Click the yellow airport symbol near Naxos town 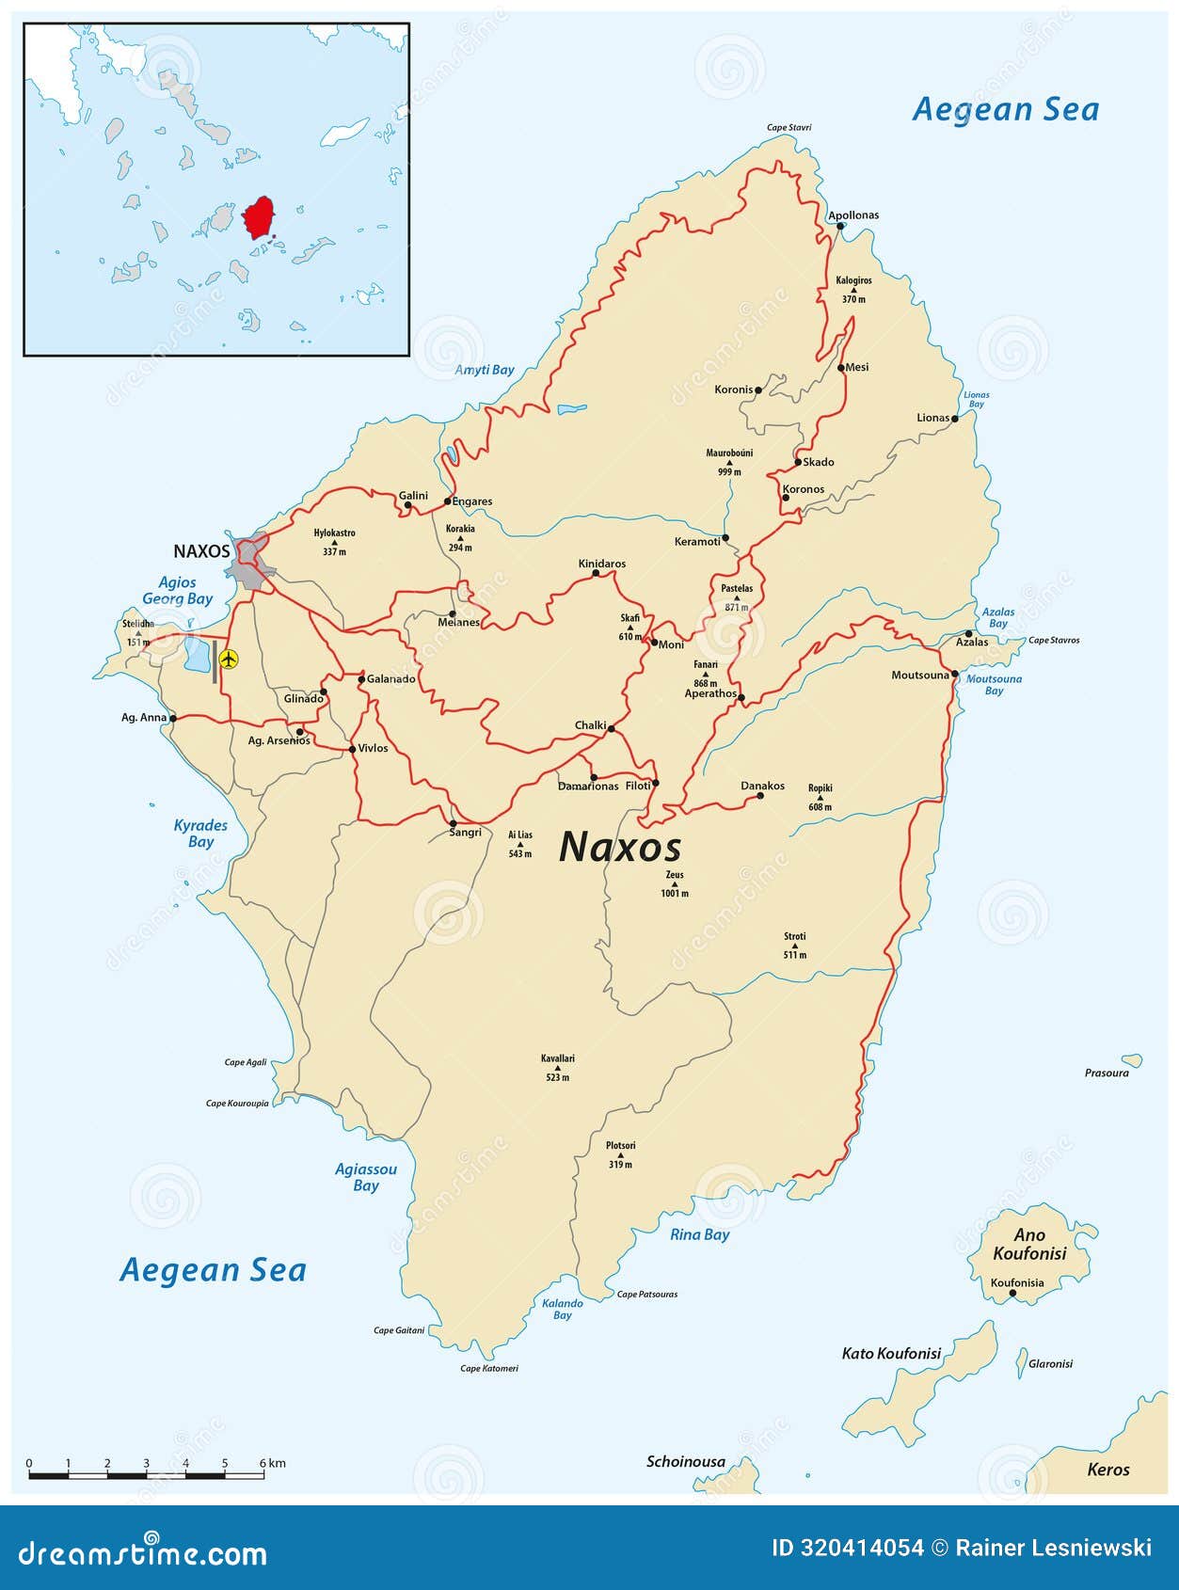click(228, 660)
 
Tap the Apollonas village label click(853, 215)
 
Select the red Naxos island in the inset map click(257, 219)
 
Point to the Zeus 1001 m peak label click(675, 883)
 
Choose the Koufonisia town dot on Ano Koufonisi click(1012, 1295)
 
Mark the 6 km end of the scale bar click(263, 1475)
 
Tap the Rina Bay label click(699, 1234)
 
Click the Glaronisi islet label click(1050, 1363)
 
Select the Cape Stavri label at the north click(789, 128)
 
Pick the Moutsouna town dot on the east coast click(954, 674)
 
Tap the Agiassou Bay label click(366, 1177)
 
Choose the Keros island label click(1107, 1470)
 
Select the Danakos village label click(762, 786)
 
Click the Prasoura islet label click(1106, 1073)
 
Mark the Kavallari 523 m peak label click(558, 1068)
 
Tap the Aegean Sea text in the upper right click(1005, 110)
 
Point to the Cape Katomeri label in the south click(488, 1368)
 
